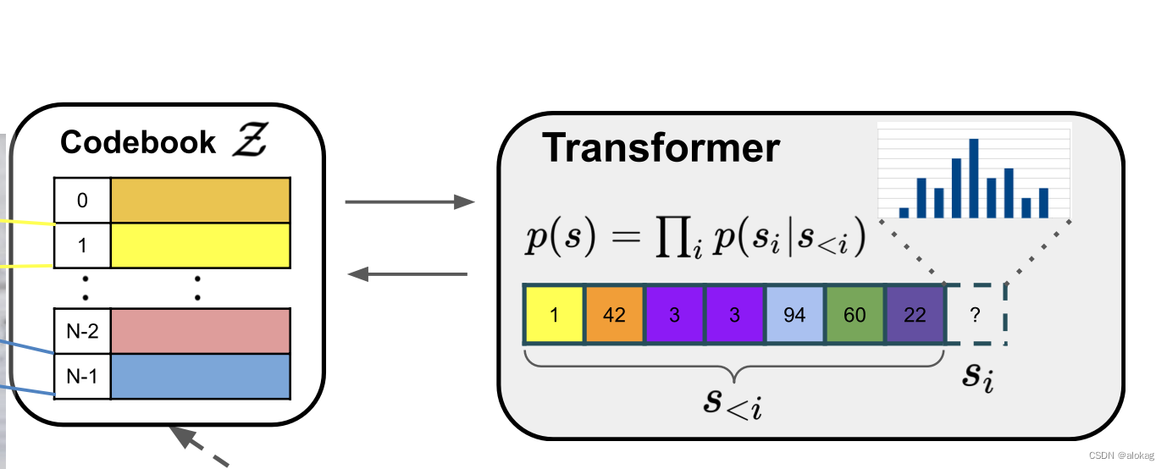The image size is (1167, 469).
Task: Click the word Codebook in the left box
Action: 138,142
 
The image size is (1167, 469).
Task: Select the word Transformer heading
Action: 661,148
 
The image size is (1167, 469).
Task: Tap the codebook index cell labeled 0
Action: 82,201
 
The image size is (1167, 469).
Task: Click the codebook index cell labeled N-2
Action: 82,331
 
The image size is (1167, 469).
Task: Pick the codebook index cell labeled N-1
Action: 82,376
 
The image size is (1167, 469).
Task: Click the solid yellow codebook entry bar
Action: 201,245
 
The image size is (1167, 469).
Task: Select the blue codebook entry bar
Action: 201,376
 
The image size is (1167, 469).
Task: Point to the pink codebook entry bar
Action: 201,331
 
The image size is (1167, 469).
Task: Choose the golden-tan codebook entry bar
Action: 201,201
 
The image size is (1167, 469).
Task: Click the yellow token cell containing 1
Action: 554,315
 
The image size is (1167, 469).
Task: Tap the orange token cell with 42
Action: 614,315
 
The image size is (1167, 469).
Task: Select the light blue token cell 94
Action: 794,315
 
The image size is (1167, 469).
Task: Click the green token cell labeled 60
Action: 855,315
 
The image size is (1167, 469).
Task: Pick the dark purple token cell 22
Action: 915,315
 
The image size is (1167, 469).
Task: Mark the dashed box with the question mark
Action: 975,315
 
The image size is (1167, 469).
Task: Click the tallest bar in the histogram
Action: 974,178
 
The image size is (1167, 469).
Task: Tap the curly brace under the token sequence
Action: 733,366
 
